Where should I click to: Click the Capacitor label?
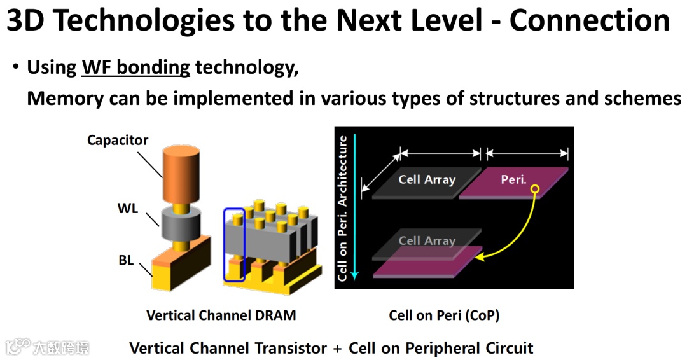[118, 140]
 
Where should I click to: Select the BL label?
[126, 260]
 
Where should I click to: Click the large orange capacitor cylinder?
[181, 174]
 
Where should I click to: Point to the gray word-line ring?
[181, 224]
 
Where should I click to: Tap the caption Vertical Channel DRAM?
[221, 315]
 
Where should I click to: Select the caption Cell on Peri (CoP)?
[444, 315]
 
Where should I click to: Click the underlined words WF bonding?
[136, 67]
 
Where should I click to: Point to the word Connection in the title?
[590, 20]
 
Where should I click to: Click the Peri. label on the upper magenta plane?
[514, 179]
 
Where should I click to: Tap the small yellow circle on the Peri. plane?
[534, 189]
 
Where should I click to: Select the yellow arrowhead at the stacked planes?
[480, 256]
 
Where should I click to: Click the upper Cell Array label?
[427, 179]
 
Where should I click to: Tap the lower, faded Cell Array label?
[427, 240]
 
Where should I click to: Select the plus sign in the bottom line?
[337, 349]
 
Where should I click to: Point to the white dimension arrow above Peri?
[527, 153]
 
